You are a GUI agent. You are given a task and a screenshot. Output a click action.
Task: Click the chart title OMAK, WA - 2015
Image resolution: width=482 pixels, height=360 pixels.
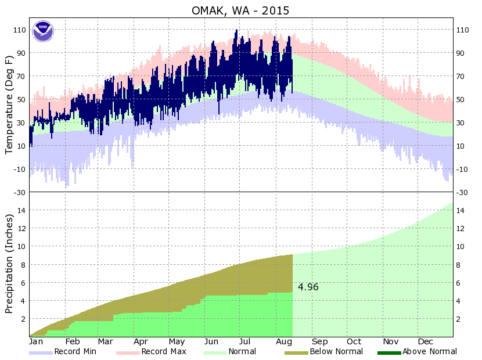click(x=240, y=10)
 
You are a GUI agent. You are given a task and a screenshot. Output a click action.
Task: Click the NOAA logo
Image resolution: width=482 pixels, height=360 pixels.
click(x=42, y=31)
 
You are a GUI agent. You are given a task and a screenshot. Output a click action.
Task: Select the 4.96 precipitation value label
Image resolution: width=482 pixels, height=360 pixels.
click(x=308, y=287)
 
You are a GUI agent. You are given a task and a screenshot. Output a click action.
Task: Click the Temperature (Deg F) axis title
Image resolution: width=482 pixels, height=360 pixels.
click(x=9, y=105)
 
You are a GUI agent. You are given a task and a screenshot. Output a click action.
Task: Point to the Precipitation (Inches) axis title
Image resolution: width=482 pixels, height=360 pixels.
click(x=9, y=264)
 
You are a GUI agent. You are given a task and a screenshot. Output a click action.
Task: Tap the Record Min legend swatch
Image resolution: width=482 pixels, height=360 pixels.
click(x=41, y=352)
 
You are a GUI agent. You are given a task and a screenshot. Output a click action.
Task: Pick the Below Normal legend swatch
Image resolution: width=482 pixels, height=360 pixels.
click(x=296, y=352)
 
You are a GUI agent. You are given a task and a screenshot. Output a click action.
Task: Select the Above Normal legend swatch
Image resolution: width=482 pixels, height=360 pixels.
click(x=389, y=352)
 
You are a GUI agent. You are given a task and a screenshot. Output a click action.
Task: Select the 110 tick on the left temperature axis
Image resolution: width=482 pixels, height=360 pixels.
click(x=19, y=30)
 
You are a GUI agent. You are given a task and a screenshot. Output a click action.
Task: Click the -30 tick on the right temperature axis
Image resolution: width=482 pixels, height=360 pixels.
click(x=462, y=192)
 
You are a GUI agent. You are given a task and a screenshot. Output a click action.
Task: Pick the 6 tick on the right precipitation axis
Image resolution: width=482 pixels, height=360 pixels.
click(x=459, y=283)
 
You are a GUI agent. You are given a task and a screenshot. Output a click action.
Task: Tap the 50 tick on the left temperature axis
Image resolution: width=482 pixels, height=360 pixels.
click(x=21, y=99)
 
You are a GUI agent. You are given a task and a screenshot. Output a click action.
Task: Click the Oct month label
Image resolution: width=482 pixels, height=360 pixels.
click(x=354, y=341)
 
